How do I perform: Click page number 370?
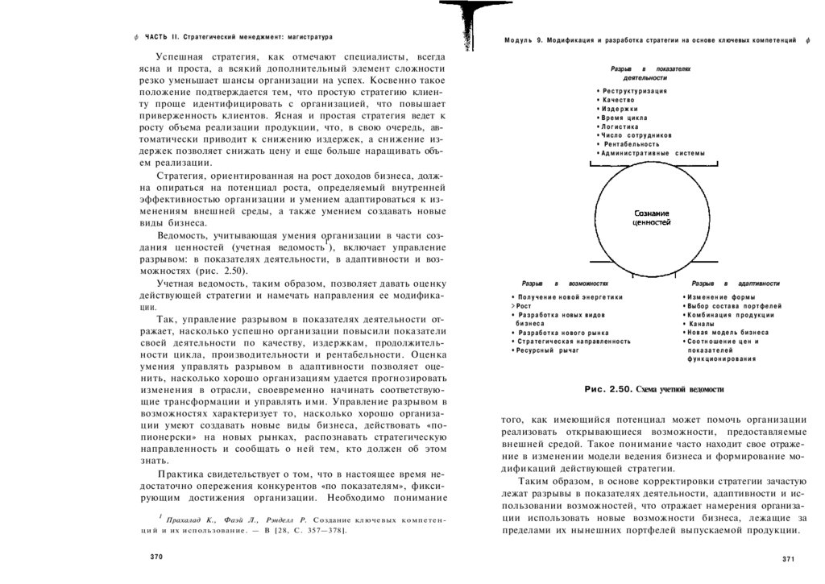coord(156,557)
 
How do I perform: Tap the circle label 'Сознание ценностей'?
coord(652,217)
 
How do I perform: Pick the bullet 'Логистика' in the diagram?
coord(620,126)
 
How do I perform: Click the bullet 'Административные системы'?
coord(653,153)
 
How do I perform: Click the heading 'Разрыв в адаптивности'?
coord(736,284)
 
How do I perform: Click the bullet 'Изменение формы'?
coord(717,297)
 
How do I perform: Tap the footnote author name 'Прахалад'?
coord(188,521)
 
